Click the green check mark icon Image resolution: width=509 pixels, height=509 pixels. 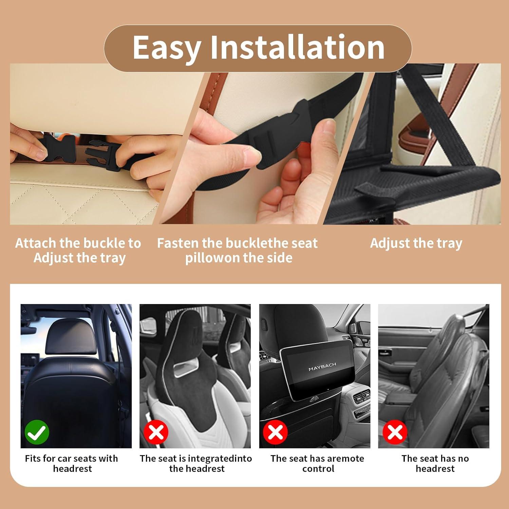pyautogui.click(x=37, y=432)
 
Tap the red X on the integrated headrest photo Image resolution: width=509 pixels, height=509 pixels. pyautogui.click(x=156, y=432)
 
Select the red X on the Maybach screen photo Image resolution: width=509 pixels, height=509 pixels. pyautogui.click(x=276, y=432)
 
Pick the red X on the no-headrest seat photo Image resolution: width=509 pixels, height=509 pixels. pyautogui.click(x=395, y=432)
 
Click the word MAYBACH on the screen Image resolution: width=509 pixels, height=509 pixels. pyautogui.click(x=322, y=367)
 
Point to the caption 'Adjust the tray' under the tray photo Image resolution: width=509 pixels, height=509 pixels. pyautogui.click(x=416, y=243)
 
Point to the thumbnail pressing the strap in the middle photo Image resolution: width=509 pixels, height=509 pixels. pyautogui.click(x=253, y=156)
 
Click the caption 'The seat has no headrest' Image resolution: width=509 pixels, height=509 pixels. pyautogui.click(x=435, y=464)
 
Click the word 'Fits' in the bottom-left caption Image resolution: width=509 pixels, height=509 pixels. pyautogui.click(x=33, y=458)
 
